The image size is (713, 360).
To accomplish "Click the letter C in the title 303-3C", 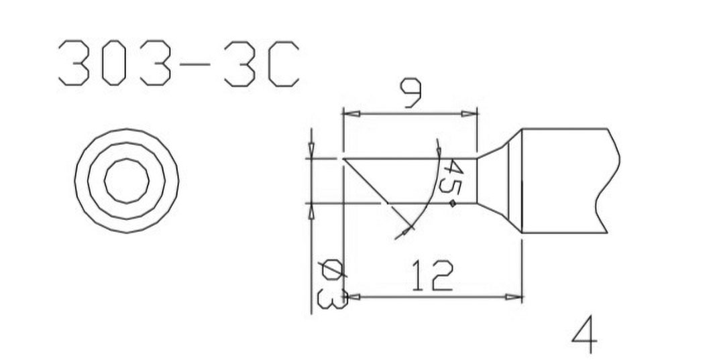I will [x=283, y=64].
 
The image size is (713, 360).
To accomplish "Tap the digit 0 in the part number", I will [x=113, y=64].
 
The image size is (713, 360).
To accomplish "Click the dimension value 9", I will [x=410, y=93].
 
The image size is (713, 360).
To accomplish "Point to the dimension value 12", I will [x=432, y=276].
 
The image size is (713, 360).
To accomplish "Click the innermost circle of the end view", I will [x=126, y=181].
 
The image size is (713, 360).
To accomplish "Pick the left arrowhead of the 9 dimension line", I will [x=349, y=113].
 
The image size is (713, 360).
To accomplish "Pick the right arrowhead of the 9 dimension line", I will [x=471, y=113].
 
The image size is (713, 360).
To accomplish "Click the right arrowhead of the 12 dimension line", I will [x=514, y=296].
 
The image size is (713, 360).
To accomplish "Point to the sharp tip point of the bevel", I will [x=343, y=159].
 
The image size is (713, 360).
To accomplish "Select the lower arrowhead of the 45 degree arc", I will [x=401, y=234].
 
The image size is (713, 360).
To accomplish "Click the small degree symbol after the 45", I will [x=453, y=203].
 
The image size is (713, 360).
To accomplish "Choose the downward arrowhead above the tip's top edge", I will [x=311, y=152].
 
